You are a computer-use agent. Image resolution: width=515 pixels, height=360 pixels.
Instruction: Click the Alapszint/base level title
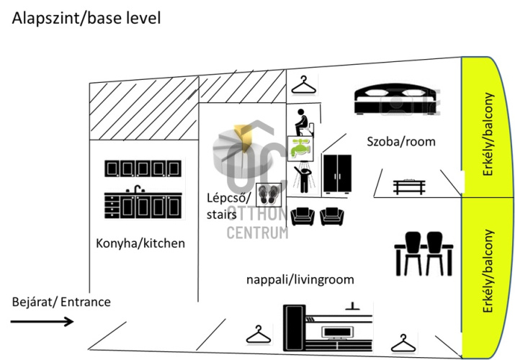(x=86, y=18)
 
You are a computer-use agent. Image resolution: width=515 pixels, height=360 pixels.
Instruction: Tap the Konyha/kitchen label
(x=140, y=243)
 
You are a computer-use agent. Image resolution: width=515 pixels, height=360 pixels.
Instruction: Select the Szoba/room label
(x=401, y=141)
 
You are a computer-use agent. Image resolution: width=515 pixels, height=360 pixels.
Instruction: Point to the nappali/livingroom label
(x=300, y=279)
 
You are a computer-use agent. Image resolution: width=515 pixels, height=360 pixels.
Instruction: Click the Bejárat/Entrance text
(x=61, y=302)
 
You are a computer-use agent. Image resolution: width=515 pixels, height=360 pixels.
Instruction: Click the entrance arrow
(x=42, y=321)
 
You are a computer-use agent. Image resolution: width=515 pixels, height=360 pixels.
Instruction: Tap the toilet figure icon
(x=304, y=122)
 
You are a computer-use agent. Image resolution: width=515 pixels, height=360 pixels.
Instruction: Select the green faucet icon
(x=300, y=148)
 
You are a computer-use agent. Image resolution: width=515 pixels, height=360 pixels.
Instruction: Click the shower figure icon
(x=305, y=177)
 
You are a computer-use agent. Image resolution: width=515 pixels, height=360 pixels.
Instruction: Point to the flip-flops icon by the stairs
(x=269, y=195)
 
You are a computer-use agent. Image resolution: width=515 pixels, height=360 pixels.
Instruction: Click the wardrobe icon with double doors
(x=337, y=174)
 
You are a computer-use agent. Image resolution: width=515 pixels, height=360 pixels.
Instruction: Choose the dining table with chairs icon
(x=424, y=253)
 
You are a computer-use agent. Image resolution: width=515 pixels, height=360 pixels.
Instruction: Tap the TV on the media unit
(x=337, y=332)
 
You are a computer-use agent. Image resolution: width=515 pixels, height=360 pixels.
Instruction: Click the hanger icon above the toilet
(x=303, y=86)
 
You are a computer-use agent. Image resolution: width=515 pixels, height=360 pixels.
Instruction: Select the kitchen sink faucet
(x=138, y=189)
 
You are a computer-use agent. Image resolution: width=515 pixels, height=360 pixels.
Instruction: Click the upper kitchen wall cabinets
(x=143, y=168)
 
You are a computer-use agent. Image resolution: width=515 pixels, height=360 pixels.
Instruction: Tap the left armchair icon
(x=303, y=216)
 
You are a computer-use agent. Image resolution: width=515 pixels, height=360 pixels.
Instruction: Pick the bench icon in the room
(x=409, y=186)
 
